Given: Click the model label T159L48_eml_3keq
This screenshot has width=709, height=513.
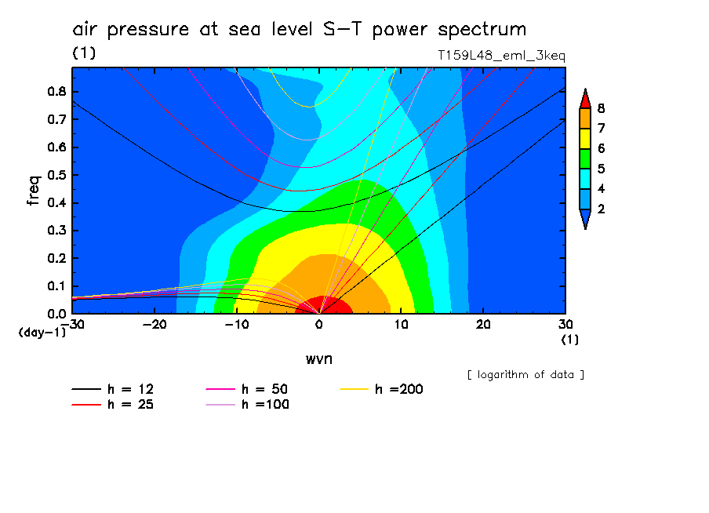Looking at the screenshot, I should (502, 56).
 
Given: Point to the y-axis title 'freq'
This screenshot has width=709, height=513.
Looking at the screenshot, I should (33, 190).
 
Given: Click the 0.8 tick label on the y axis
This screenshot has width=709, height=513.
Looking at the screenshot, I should (56, 91).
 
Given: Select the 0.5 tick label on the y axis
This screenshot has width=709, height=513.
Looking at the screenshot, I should (56, 175).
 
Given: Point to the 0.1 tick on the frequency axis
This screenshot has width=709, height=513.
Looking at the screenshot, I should (56, 286).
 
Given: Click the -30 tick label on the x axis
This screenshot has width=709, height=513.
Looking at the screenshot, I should (72, 323).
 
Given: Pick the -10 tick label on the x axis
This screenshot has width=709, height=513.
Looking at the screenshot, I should (236, 323).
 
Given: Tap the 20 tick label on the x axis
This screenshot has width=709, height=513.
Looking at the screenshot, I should (483, 323).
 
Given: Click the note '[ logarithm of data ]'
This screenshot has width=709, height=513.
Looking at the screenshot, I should (525, 374).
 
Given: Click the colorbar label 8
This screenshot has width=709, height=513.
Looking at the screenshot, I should (602, 108).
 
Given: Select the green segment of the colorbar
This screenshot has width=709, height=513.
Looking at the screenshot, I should (584, 158).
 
